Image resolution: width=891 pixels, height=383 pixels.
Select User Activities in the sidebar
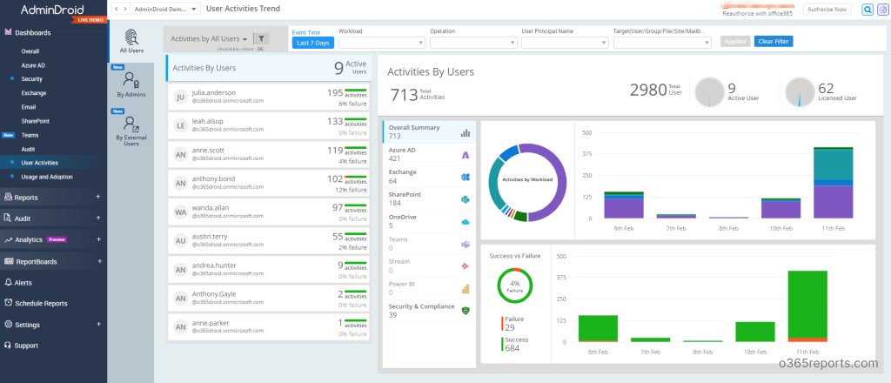40,163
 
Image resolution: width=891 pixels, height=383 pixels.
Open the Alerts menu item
24,283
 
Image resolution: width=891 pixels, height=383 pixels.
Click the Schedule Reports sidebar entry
41,303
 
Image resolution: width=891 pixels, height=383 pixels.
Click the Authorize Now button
825,10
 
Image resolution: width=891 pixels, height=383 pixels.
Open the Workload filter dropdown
379,42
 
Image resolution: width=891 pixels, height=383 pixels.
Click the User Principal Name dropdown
564,42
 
